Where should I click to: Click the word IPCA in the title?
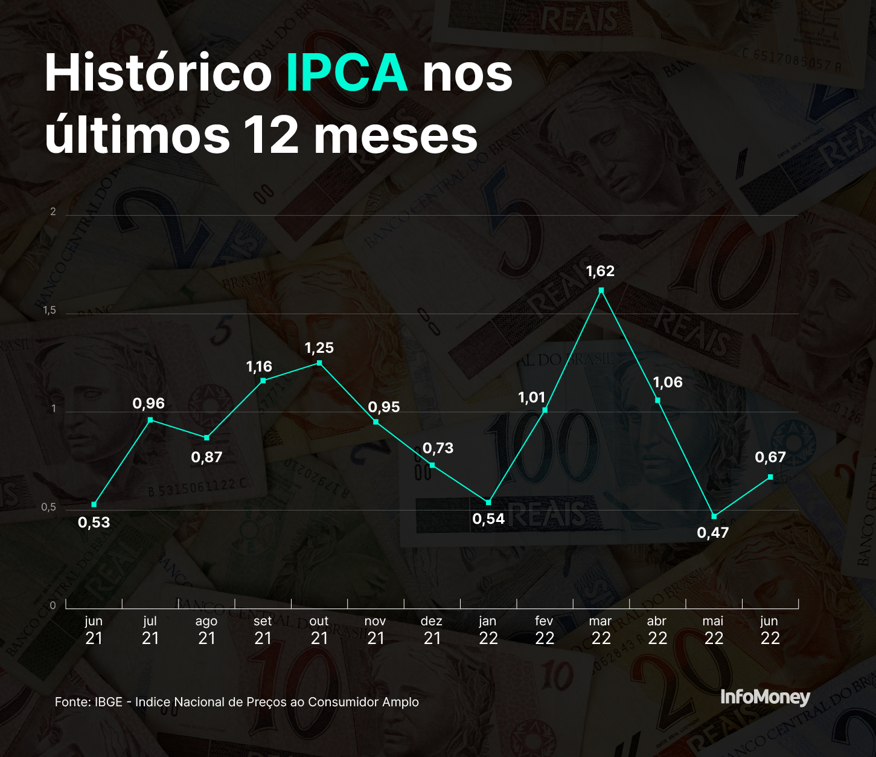[347, 73]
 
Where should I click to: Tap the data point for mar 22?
[601, 291]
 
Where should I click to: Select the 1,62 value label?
[600, 271]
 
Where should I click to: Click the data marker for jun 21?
[94, 504]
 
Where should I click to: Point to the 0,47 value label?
[713, 533]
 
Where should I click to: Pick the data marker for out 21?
[319, 363]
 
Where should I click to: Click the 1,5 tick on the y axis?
[50, 311]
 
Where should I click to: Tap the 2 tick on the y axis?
[53, 212]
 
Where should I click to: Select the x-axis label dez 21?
[432, 630]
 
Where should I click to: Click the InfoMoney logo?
[765, 697]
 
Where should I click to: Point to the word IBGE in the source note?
[109, 702]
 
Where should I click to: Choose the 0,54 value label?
[488, 519]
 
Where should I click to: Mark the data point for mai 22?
[714, 517]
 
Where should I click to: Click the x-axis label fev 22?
[544, 630]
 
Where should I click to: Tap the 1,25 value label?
[319, 348]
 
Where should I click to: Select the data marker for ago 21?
[207, 437]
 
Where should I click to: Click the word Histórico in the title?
[158, 73]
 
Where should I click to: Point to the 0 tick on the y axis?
[53, 605]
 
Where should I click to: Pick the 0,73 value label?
[438, 448]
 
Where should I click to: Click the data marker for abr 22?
[657, 400]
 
